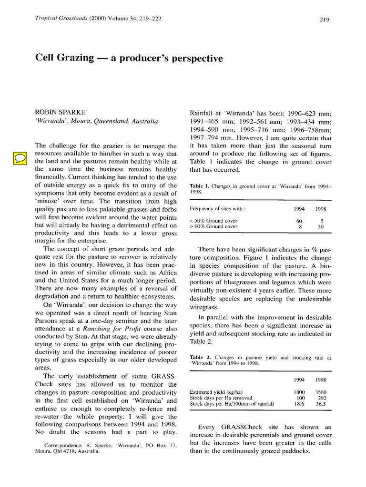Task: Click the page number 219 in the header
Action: pyautogui.click(x=324, y=19)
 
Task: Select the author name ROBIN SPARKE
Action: pyautogui.click(x=61, y=112)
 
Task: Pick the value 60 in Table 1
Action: pyautogui.click(x=299, y=221)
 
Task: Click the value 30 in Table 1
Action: pyautogui.click(x=320, y=227)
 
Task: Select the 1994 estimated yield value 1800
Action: pyautogui.click(x=298, y=392)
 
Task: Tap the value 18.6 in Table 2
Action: pyautogui.click(x=299, y=403)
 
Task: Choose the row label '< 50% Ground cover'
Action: pyautogui.click(x=214, y=221)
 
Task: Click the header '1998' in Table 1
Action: pyautogui.click(x=320, y=208)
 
